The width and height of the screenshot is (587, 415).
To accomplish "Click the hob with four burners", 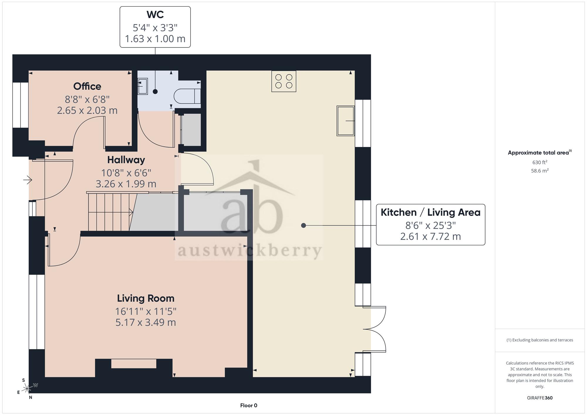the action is [x=284, y=81].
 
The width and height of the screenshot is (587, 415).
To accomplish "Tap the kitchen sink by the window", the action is [x=345, y=121].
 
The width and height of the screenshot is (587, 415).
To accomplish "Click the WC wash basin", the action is [x=143, y=86].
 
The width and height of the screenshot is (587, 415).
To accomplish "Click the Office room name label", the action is [x=87, y=86].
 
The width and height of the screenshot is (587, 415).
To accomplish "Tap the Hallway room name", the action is [x=126, y=160].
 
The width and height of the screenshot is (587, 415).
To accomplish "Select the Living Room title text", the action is [x=146, y=298].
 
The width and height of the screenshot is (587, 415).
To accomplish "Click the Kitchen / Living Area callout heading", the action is [x=430, y=212].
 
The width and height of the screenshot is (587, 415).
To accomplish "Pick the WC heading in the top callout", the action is [x=155, y=14].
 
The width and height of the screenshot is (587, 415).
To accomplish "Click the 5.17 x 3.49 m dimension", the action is [x=146, y=322].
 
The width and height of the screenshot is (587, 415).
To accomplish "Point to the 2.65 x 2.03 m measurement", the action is [x=87, y=111].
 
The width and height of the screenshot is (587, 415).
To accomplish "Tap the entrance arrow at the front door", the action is [x=28, y=179].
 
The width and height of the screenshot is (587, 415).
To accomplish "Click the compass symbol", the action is [x=27, y=389].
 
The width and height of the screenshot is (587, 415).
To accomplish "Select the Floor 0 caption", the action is [x=249, y=406].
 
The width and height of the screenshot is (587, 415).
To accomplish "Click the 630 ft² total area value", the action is [x=539, y=162].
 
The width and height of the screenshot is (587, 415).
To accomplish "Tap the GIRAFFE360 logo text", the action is [x=539, y=398].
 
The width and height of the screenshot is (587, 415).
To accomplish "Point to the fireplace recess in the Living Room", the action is [x=134, y=364].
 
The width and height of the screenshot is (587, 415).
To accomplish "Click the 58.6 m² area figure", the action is [x=539, y=171].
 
